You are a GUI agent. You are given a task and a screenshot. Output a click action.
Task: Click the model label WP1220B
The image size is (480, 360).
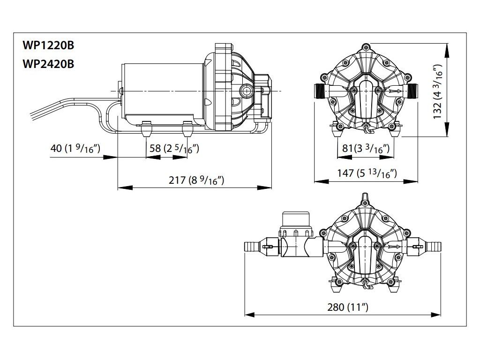(x=48, y=45)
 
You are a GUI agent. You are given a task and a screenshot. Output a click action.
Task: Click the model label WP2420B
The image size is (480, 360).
(x=48, y=64)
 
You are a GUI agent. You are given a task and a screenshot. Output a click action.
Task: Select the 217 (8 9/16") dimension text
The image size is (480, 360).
(x=196, y=180)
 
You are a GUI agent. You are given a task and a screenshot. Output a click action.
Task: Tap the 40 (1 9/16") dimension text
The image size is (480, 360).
(x=75, y=148)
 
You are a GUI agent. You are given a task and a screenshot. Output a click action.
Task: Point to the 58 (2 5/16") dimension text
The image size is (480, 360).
(x=174, y=148)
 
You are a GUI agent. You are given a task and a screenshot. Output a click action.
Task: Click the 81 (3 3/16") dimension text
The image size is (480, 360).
(x=366, y=148)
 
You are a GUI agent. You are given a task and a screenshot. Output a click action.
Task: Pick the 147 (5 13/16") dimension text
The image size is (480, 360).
(x=367, y=173)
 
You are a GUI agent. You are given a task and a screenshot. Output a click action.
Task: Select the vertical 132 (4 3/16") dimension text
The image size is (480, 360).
(x=438, y=92)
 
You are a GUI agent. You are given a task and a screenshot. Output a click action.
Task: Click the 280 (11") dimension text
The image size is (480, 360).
(x=348, y=307)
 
